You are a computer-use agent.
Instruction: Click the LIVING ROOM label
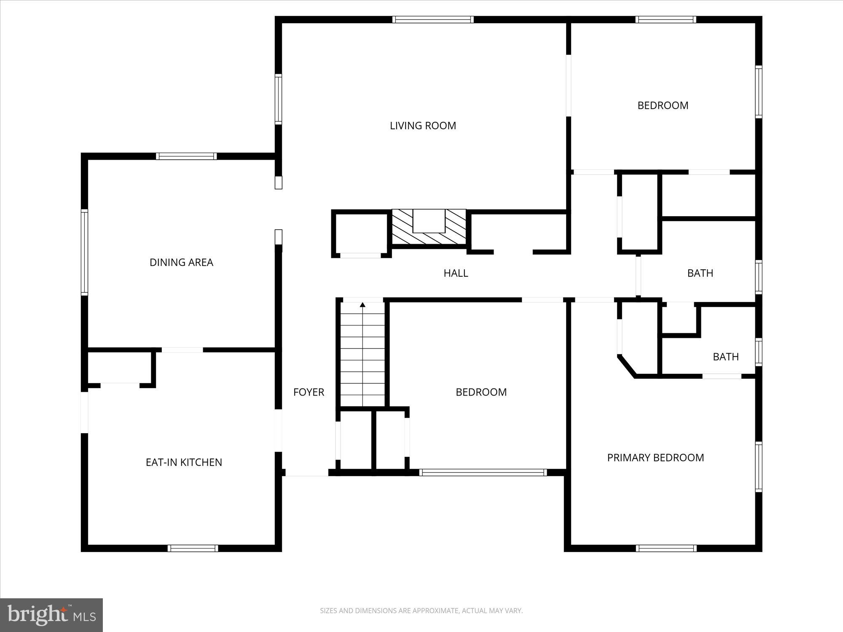pos(423,126)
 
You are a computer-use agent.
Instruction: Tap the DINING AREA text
pos(181,262)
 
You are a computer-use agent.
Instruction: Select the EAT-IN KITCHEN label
pos(184,462)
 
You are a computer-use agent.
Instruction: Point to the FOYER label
pos(309,392)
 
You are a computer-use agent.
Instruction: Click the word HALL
pos(456,273)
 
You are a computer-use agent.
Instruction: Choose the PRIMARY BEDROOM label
pos(655,458)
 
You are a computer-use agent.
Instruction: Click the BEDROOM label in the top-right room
pos(663,105)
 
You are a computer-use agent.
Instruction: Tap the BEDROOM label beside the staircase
pos(481,392)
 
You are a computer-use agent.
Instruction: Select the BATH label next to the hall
pos(700,273)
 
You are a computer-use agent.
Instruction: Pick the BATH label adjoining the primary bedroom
pos(725,357)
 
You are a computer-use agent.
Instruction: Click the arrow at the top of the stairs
pos(362,305)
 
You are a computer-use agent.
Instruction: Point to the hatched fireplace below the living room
pos(429,227)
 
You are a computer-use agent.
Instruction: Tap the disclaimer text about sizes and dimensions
pos(421,611)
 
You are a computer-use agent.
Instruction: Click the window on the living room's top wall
pos(433,19)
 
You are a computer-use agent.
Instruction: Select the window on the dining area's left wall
pos(84,252)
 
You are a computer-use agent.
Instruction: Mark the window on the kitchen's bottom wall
pos(193,548)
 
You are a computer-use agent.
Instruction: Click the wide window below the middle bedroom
pos(483,473)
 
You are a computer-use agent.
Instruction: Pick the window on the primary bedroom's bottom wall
pos(666,548)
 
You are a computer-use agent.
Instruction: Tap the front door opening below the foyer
pos(306,475)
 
